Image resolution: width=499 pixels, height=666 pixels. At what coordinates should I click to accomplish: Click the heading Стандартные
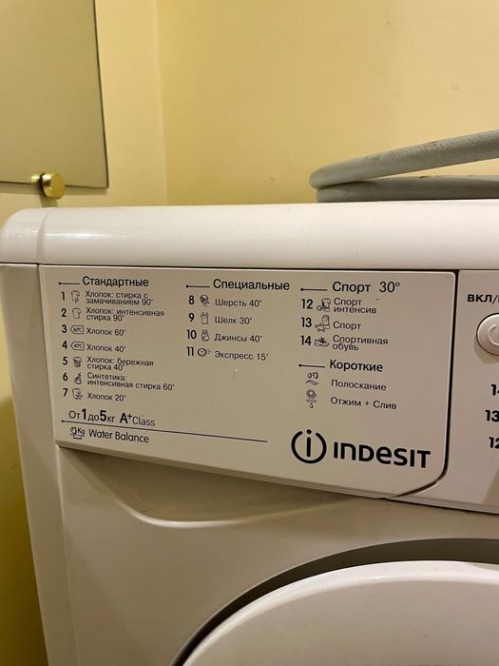coord(115,282)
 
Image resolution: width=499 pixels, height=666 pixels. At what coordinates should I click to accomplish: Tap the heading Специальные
coord(250,284)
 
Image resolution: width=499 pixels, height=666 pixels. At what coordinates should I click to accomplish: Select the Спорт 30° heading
coord(366,285)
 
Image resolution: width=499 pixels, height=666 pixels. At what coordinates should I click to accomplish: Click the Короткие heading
coord(355,366)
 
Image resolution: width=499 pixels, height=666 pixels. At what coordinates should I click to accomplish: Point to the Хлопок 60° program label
coord(106,331)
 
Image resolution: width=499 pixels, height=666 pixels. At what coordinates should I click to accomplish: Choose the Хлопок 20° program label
coord(106,395)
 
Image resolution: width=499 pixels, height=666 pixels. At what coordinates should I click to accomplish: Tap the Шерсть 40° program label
coord(239,302)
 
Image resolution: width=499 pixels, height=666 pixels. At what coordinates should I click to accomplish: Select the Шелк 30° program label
coord(233,320)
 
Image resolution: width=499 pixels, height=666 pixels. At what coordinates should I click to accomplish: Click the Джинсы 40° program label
coord(239,337)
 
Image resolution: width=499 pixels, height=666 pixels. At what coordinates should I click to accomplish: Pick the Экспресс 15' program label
coord(241,355)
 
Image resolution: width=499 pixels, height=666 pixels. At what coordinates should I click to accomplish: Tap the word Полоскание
coord(358,385)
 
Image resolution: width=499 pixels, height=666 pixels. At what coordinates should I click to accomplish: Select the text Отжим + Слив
coord(364,404)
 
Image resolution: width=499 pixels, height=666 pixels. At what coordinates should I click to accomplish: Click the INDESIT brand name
coord(380,454)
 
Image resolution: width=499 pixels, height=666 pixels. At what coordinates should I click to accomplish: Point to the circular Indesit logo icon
coord(308,447)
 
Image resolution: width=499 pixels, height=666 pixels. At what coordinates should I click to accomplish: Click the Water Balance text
coord(119,438)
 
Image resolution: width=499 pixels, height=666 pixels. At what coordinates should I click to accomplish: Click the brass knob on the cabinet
coord(48,184)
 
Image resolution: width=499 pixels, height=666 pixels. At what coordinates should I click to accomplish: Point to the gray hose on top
coord(409,170)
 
